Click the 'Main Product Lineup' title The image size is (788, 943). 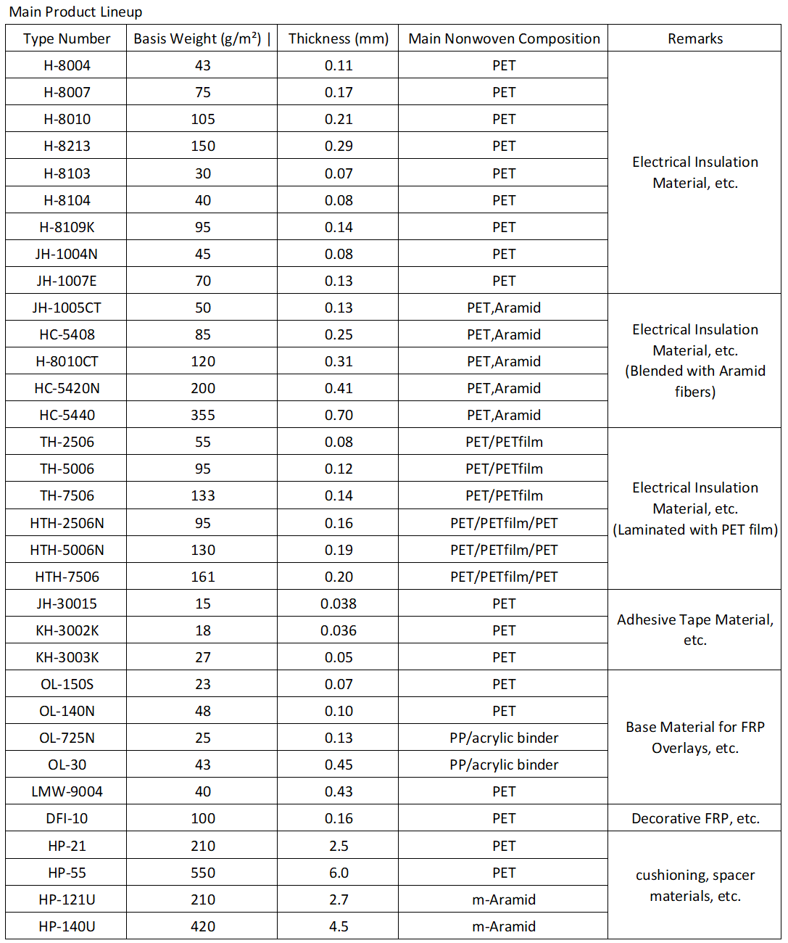tap(75, 12)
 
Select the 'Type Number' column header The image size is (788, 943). tap(67, 38)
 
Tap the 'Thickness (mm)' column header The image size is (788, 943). tap(339, 38)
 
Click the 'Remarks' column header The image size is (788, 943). tap(695, 38)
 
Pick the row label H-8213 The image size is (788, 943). tap(67, 146)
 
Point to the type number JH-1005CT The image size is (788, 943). tap(67, 308)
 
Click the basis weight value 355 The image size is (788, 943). tap(203, 415)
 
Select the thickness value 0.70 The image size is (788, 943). tap(339, 415)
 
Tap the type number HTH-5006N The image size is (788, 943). tap(67, 550)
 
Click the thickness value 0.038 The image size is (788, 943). tap(339, 604)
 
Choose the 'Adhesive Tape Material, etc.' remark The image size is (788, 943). tap(695, 630)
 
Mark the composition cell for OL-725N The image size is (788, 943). tap(504, 738)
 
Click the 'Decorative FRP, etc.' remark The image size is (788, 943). tap(695, 818)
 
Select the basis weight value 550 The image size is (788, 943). tap(203, 873)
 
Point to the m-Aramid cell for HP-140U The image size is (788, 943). tap(504, 926)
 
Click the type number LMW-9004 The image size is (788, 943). tap(67, 791)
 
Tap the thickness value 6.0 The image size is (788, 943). tap(339, 873)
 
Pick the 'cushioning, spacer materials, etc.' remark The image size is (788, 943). tap(695, 886)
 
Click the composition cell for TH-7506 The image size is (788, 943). tap(504, 495)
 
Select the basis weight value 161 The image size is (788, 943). tap(203, 577)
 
